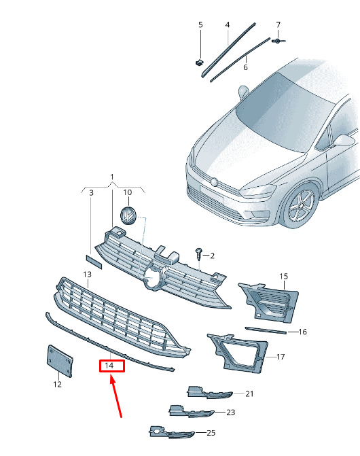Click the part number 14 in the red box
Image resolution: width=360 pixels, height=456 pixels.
109,365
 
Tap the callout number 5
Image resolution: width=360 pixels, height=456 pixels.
200,24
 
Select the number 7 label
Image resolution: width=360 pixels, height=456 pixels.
278,24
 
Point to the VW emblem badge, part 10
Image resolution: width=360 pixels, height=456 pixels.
128,215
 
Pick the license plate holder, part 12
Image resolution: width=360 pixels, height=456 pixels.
60,361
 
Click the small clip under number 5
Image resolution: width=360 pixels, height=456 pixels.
199,63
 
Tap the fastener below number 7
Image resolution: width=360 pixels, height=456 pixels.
278,41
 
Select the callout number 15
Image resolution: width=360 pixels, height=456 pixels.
283,277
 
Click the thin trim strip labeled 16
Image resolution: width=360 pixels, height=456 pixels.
266,330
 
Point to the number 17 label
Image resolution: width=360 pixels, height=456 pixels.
281,357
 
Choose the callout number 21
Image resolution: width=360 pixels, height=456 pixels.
249,393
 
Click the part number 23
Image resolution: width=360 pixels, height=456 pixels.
230,413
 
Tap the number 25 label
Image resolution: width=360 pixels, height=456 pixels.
211,433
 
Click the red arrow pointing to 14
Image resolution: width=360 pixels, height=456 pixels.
116,396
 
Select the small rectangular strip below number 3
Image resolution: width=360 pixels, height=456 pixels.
94,262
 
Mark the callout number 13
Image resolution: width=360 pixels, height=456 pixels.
87,275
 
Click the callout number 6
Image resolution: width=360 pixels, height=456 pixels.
245,67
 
